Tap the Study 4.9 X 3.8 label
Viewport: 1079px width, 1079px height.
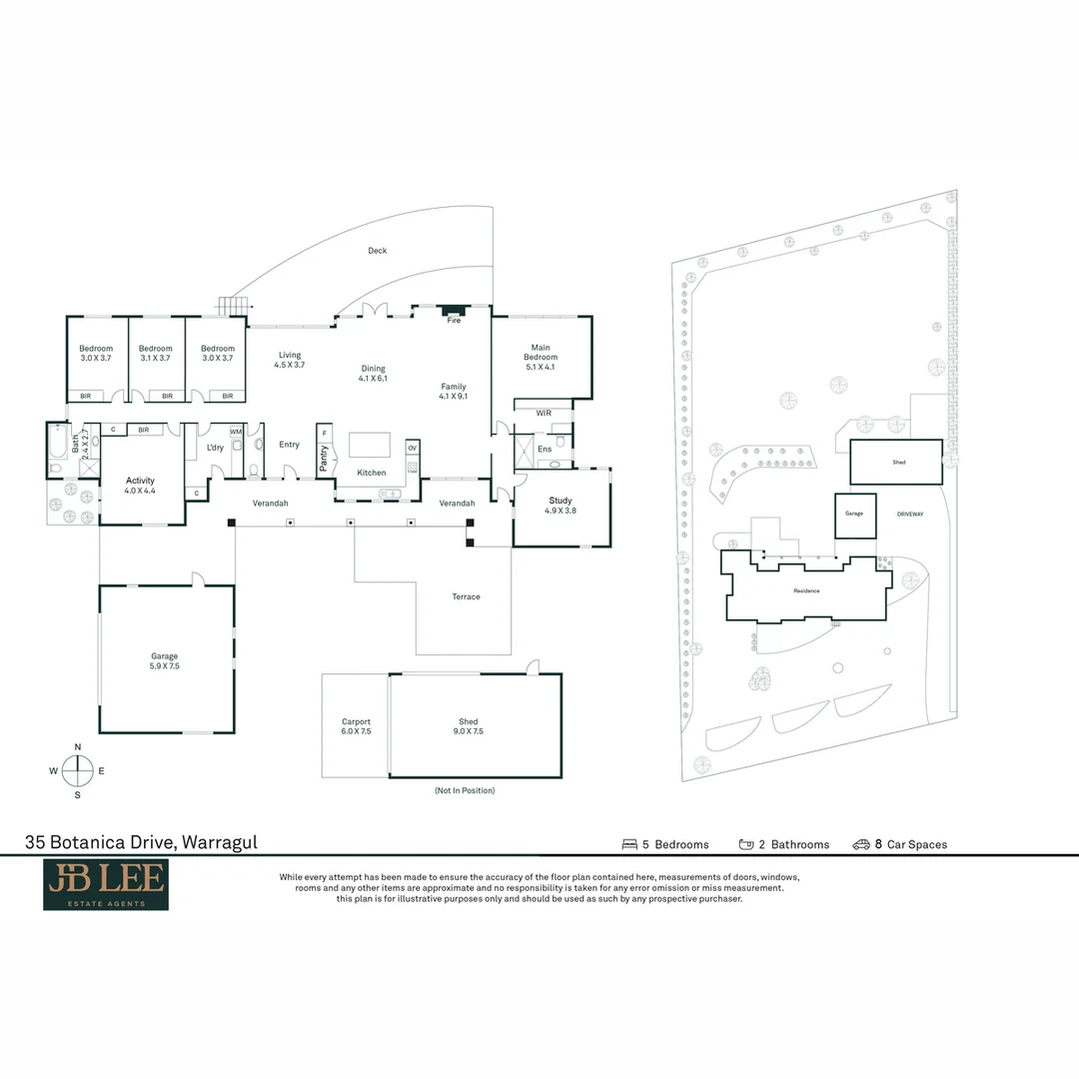559,506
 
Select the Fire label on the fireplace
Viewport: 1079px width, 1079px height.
454,321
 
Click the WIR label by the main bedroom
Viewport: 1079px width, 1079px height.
543,413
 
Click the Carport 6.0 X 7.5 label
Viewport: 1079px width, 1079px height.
356,726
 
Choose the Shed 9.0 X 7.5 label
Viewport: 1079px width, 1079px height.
469,726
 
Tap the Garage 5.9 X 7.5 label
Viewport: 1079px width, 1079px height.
164,661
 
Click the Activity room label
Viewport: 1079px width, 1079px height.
140,486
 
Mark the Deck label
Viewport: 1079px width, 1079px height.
377,251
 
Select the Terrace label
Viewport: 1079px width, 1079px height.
466,596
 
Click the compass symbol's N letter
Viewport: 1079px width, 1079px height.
78,747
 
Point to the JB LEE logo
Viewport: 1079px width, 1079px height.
106,885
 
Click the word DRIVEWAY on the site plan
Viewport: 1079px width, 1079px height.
910,514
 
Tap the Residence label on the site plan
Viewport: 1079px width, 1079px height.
806,590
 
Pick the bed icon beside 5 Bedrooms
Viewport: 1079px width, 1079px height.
629,844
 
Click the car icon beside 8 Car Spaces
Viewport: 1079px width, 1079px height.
860,844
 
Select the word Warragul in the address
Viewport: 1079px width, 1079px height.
219,842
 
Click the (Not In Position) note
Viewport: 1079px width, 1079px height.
464,790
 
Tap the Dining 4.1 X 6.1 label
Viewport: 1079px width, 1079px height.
373,374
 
